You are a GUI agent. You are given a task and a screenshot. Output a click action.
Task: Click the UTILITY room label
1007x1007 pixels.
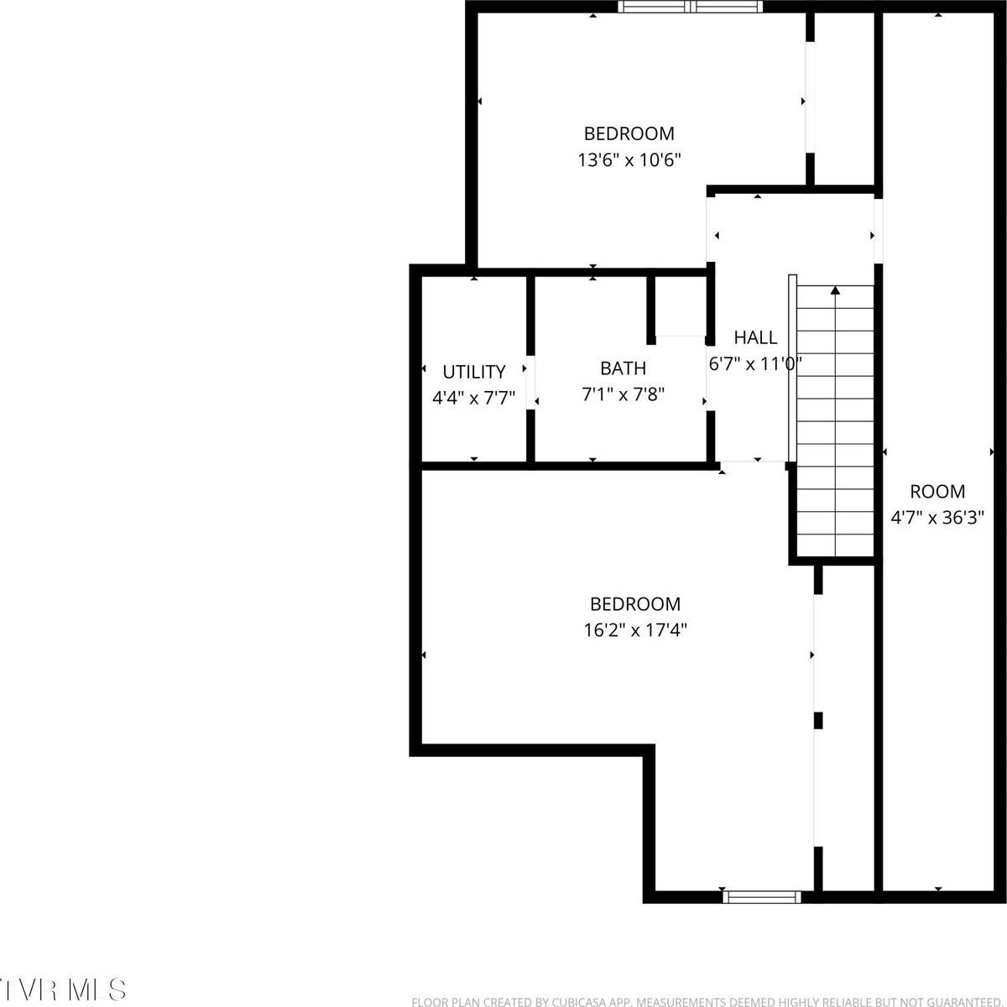coord(474,372)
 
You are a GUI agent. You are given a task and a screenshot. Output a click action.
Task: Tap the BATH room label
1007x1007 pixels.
coord(623,368)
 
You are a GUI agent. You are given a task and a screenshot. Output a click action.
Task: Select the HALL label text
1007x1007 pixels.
coord(755,337)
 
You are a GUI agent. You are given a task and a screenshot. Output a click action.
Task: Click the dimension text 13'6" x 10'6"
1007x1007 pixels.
coord(629,159)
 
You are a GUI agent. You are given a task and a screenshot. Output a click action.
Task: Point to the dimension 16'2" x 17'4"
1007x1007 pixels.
coord(634,629)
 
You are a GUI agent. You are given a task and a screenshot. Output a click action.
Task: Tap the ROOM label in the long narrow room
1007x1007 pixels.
coord(937,492)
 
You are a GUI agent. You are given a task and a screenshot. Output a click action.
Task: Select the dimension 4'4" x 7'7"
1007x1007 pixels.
coord(473,398)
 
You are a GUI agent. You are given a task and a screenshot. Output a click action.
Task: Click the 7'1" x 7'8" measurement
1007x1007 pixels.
coord(623,394)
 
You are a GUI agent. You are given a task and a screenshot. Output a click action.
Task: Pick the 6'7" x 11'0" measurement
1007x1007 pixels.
coord(755,363)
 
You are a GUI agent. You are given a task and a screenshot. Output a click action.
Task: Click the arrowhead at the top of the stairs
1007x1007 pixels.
coord(835,291)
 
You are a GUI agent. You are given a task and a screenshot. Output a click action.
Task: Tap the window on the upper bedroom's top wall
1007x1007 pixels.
coord(691,8)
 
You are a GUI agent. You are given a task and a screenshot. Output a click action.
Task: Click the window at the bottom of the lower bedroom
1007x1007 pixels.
coord(762,896)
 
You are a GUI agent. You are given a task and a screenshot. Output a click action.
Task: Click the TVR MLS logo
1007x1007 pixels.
coord(64,988)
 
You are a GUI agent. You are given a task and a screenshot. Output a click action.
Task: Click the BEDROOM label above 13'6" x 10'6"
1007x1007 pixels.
coord(629,133)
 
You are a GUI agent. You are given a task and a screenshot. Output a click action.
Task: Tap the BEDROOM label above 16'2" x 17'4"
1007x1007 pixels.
coord(634,603)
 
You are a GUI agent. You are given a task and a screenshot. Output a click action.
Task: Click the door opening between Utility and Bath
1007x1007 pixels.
coord(530,384)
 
